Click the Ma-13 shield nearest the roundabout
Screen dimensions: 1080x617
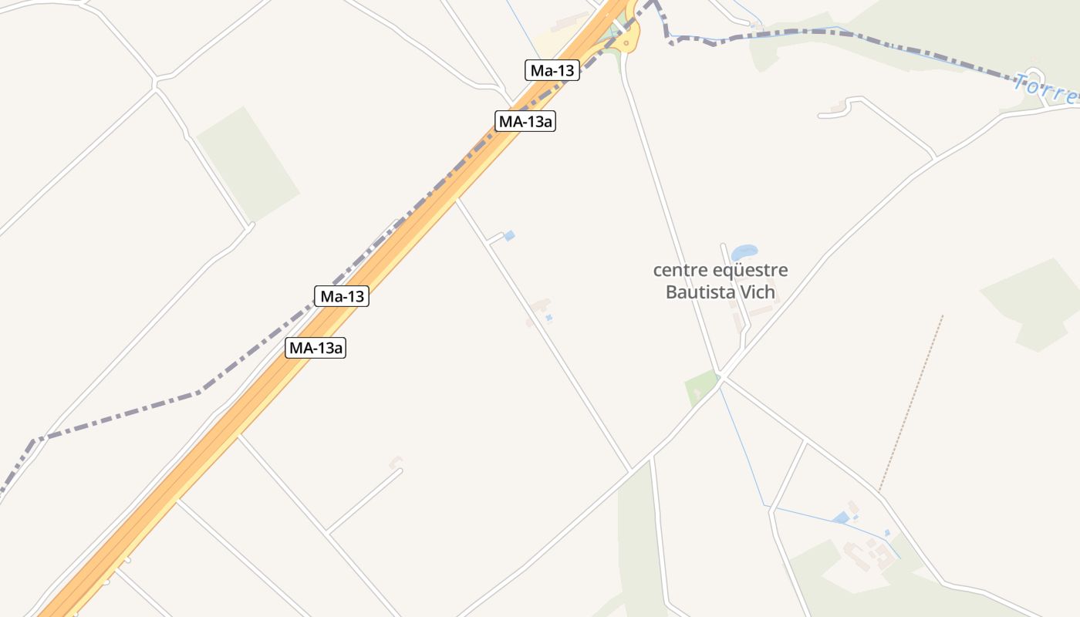(x=552, y=70)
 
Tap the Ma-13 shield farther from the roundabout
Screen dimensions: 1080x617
(x=342, y=296)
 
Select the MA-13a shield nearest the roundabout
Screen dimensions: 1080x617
(x=525, y=121)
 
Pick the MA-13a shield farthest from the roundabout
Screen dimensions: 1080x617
(x=316, y=348)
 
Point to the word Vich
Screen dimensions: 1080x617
(x=758, y=292)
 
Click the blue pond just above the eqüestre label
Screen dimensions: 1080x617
(x=744, y=252)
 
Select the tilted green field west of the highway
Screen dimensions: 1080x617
(x=248, y=164)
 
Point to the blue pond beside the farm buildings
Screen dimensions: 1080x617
(x=840, y=518)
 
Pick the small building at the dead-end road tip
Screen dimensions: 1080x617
(x=396, y=462)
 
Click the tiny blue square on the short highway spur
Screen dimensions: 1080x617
(x=509, y=236)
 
